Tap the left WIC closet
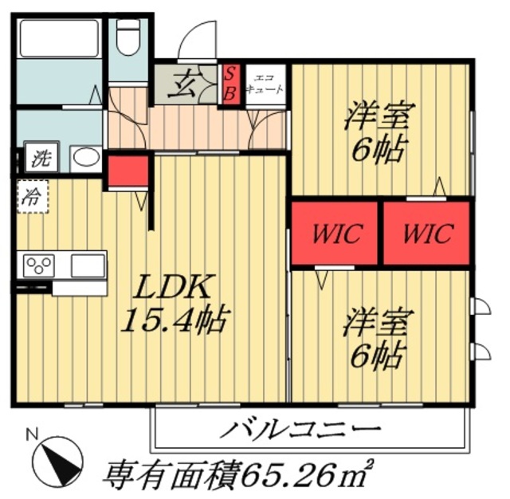tap(336, 233)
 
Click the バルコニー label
tap(311, 430)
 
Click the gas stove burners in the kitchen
tap(38, 264)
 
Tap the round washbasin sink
tap(84, 157)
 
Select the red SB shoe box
tap(229, 84)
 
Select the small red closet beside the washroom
tap(128, 171)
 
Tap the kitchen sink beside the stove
tap(87, 264)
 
